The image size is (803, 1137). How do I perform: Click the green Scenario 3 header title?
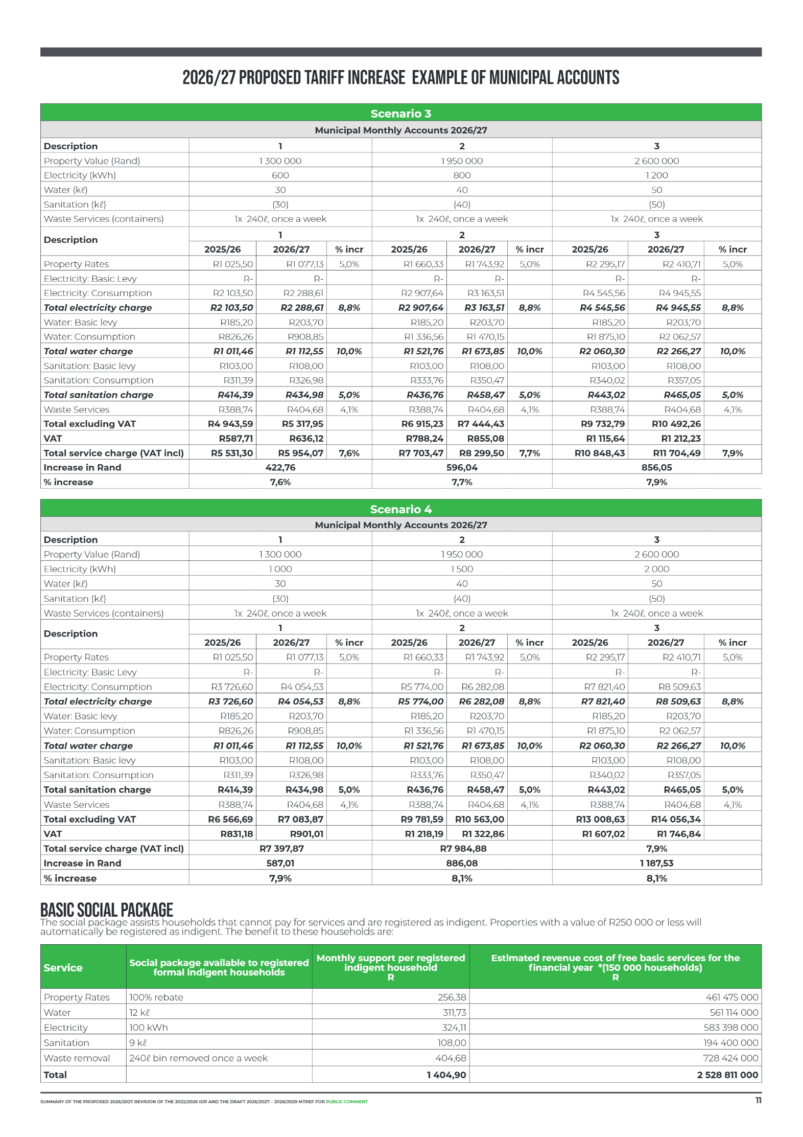[400, 113]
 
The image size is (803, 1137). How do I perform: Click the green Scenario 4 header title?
[400, 509]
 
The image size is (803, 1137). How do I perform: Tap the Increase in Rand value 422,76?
[280, 467]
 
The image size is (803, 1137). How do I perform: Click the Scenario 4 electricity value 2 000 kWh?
[656, 569]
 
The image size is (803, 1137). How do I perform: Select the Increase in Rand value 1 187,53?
[656, 863]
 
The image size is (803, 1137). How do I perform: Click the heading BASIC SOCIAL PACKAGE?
[107, 909]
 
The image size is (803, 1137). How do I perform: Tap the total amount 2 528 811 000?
[727, 1075]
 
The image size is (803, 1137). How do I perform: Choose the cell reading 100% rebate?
[156, 997]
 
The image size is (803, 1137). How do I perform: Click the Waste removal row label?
[77, 1058]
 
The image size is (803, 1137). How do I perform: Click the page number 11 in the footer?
[758, 1100]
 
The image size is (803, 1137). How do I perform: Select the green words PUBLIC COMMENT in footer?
[347, 1102]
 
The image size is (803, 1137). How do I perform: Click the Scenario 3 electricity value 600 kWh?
[280, 175]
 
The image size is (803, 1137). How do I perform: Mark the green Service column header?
[63, 967]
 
